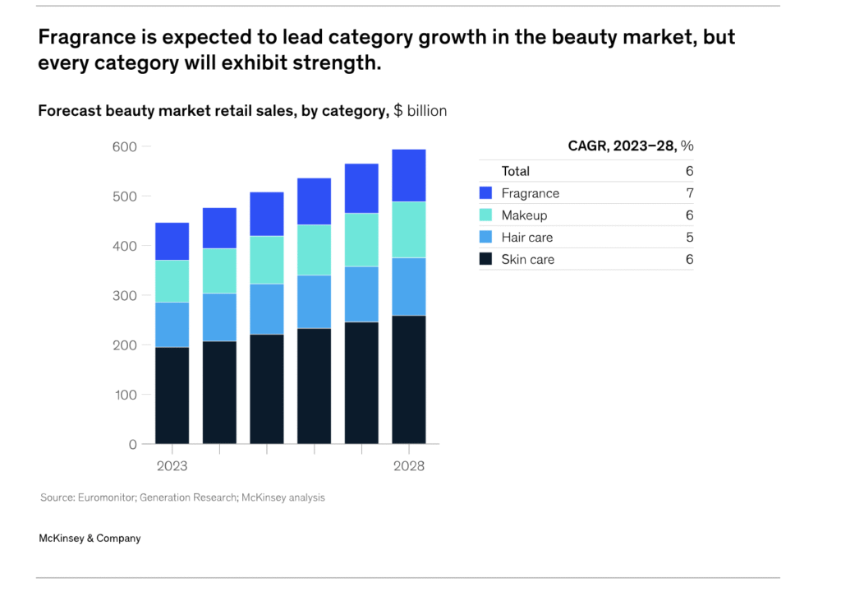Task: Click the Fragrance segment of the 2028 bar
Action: [408, 175]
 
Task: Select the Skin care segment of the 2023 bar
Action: [172, 395]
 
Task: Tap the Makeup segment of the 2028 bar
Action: [408, 229]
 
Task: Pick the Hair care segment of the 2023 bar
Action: [172, 325]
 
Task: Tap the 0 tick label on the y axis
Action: [132, 444]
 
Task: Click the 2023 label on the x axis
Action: [172, 466]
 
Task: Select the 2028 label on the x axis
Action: [408, 466]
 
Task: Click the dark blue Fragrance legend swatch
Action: [485, 193]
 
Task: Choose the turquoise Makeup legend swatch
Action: [485, 215]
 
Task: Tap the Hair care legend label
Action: [526, 238]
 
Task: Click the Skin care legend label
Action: [527, 260]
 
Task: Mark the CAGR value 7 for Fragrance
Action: [689, 193]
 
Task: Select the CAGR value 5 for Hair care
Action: [689, 238]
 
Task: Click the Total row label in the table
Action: [516, 171]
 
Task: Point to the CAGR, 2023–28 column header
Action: [631, 146]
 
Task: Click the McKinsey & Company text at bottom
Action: [90, 539]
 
